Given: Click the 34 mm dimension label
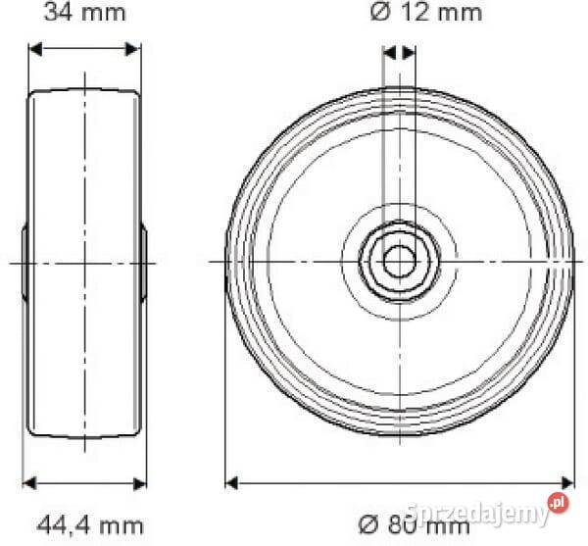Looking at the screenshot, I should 83,12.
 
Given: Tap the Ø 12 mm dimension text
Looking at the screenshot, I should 425,12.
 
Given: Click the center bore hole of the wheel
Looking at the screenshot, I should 399,261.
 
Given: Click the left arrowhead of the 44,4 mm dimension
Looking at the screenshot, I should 28,482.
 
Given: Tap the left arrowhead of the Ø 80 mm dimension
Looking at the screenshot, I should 232,482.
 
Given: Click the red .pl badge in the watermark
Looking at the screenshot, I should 558,503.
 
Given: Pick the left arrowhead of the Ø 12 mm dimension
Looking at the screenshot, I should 388,52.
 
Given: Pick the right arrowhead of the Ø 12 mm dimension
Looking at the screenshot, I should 410,52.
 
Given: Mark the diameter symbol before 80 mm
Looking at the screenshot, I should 366,525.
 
